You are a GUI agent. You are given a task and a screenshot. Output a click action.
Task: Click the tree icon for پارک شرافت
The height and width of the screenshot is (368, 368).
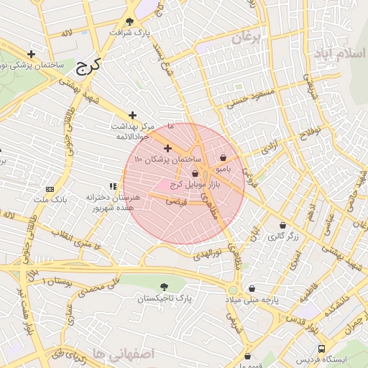point(129,22)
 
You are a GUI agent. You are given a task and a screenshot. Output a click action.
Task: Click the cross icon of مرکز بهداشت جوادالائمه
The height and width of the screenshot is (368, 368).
point(132,115)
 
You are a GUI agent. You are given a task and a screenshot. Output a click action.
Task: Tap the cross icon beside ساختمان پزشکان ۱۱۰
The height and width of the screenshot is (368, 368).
point(168,148)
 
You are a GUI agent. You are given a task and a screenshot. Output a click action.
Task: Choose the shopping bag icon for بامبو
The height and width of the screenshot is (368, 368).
point(223,157)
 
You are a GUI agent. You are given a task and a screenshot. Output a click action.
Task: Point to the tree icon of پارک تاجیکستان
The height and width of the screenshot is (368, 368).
point(167,286)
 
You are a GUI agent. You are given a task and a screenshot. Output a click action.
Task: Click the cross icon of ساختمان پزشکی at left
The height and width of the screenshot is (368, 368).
point(32,55)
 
